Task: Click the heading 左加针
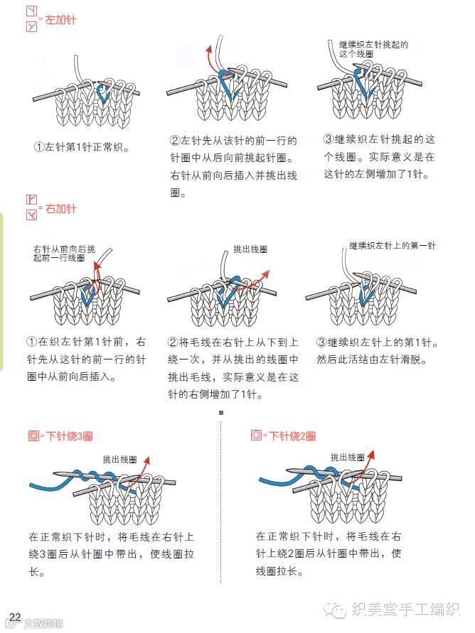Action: (x=60, y=20)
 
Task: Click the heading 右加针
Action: (x=60, y=209)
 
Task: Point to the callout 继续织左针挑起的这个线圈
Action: (x=373, y=48)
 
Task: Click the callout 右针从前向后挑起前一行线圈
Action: (x=63, y=254)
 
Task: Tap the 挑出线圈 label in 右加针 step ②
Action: (x=250, y=249)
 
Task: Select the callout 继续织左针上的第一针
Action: (x=392, y=246)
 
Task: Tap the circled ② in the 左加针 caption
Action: (x=175, y=141)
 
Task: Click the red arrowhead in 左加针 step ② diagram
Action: (x=209, y=49)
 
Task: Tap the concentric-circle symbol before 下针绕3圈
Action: (x=33, y=435)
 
